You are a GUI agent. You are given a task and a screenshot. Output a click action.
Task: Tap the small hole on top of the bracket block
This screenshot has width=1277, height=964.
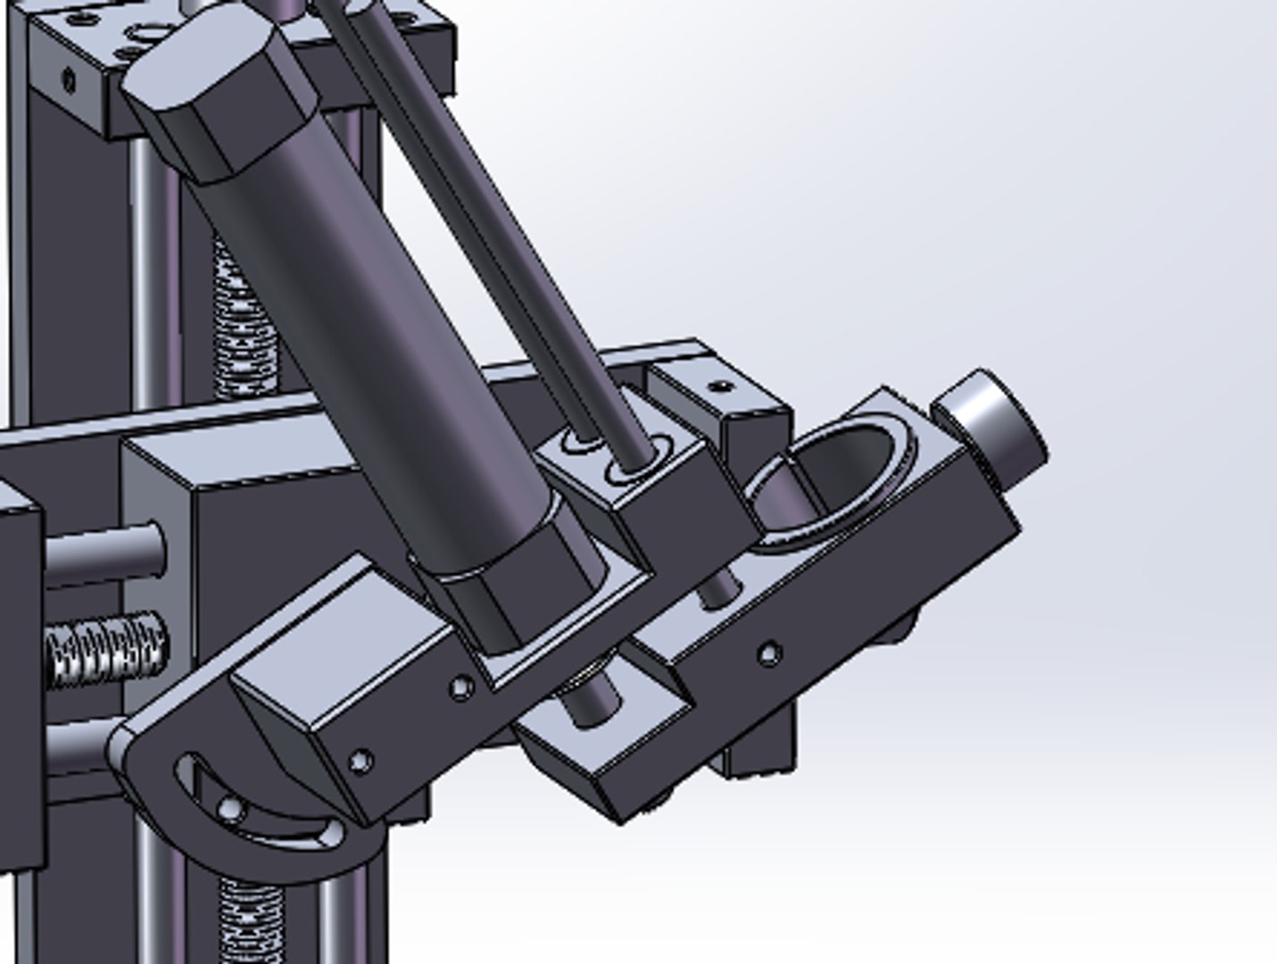[x=722, y=387]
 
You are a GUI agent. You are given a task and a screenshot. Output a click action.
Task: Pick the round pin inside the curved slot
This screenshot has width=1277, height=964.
[x=230, y=809]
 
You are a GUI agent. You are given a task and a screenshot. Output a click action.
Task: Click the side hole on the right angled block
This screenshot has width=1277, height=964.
[x=769, y=654]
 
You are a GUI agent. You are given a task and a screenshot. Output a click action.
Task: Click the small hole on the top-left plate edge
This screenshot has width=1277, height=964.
[x=69, y=81]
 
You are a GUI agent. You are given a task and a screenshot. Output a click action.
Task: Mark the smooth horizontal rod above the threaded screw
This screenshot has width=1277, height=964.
[x=103, y=553]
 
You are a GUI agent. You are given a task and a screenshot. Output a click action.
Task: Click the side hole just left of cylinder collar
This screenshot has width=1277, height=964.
[x=460, y=687]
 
